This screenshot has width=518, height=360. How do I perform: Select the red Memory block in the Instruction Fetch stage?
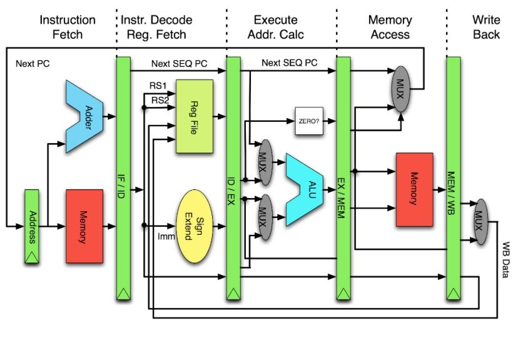click(84, 226)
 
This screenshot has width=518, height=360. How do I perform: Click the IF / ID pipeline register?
click(123, 178)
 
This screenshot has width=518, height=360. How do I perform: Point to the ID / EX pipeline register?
click(233, 178)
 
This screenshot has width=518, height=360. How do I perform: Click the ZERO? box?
click(308, 116)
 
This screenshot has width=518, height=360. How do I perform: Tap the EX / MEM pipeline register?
click(343, 178)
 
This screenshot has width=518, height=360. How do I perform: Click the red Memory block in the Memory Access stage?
click(414, 189)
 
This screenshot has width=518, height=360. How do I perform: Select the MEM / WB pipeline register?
click(454, 178)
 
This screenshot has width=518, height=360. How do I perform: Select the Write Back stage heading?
click(486, 27)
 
